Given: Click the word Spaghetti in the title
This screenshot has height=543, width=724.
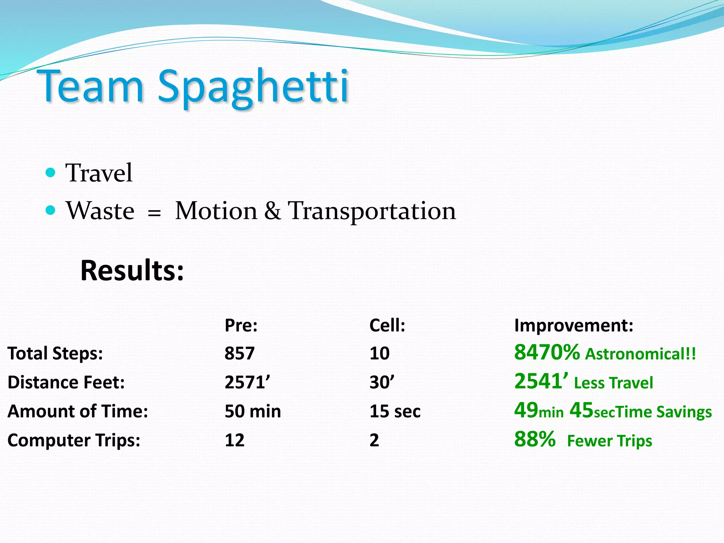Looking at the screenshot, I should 253,87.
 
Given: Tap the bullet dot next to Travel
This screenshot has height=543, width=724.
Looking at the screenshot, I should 51,173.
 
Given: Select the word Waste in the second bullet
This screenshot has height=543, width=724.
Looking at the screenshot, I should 100,211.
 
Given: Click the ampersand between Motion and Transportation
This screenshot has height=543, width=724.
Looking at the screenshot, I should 273,211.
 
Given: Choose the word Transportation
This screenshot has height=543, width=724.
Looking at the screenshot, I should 372,211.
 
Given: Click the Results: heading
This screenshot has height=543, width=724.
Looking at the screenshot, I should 132,270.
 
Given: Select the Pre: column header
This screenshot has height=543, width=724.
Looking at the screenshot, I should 241,325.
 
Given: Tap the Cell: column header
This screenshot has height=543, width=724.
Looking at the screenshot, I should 387,325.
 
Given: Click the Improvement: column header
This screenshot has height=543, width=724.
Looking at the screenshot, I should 573,325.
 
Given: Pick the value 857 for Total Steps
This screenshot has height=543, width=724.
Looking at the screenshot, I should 239,353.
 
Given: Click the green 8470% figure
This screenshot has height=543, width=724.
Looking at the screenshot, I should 547,352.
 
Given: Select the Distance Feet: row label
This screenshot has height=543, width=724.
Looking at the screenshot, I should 66,383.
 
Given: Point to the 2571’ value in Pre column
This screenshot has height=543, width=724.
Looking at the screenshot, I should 247,383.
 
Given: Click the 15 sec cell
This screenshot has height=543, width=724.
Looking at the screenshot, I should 395,411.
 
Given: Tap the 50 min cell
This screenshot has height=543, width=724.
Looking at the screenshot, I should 253,411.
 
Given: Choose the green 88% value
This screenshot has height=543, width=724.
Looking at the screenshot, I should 535,439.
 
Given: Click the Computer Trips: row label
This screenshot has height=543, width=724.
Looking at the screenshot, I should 74,440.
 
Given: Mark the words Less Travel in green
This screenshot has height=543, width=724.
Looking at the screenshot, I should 613,383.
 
